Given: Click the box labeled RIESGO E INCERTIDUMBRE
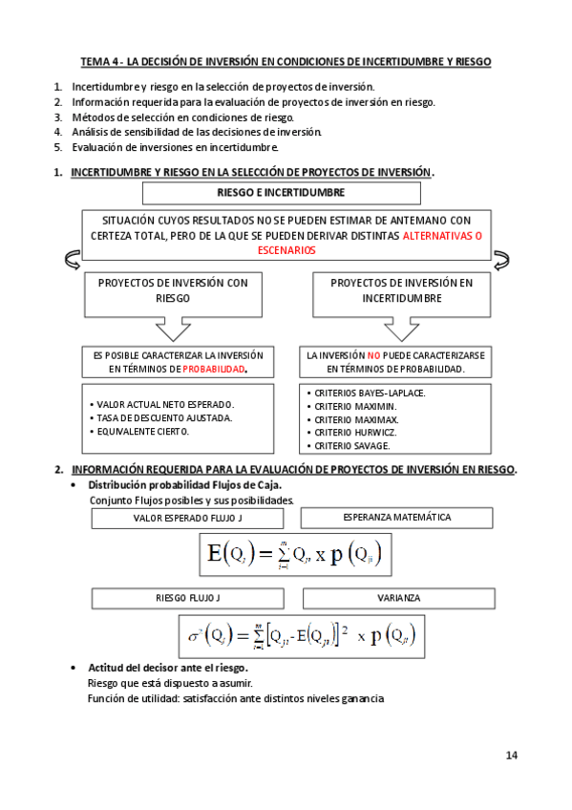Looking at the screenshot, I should pyautogui.click(x=281, y=193).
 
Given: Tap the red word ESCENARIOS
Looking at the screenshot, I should pyautogui.click(x=286, y=249).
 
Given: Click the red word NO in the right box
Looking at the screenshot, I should pyautogui.click(x=373, y=354).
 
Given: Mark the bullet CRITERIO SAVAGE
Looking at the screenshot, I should pyautogui.click(x=352, y=445).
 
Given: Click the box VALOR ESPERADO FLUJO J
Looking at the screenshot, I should pyautogui.click(x=188, y=518).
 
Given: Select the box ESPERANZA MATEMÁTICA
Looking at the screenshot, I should pyautogui.click(x=396, y=518).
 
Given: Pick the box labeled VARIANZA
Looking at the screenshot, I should pyautogui.click(x=398, y=598).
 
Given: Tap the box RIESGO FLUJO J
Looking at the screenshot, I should pyautogui.click(x=188, y=598).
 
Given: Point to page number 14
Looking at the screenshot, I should pyautogui.click(x=512, y=757).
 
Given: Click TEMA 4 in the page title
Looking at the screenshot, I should pyautogui.click(x=99, y=61).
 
